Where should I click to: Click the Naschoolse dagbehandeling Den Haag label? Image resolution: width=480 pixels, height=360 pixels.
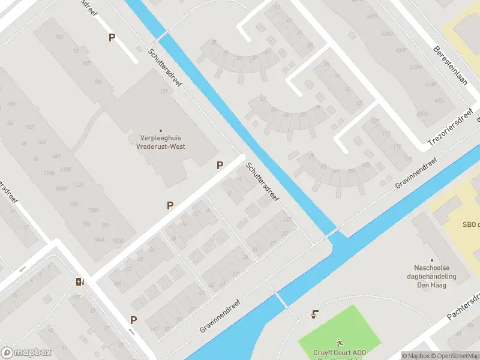[436, 276]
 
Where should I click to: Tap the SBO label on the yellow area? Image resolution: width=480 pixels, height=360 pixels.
[470, 225]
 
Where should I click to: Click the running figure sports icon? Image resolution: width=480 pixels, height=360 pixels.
[340, 341]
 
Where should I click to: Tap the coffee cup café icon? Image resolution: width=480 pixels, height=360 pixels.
[315, 314]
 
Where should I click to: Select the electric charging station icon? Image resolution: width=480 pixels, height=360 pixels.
[79, 282]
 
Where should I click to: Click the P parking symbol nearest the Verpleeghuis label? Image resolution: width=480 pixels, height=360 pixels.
[220, 165]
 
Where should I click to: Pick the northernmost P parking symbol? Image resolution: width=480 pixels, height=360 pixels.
[112, 37]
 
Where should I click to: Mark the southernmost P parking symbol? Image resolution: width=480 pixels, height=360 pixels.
[133, 320]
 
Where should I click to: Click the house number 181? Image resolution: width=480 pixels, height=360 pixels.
[59, 38]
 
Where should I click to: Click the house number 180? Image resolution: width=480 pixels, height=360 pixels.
[117, 284]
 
